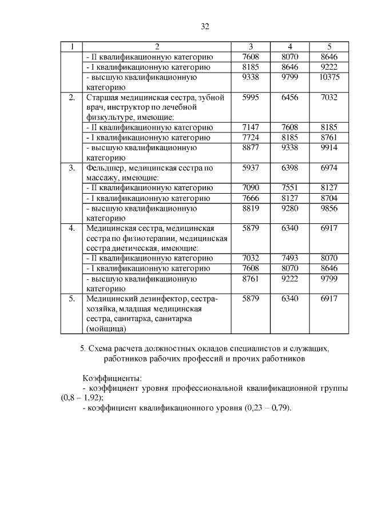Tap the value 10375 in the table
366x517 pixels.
pyautogui.click(x=329, y=77)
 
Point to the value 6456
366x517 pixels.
pyautogui.click(x=290, y=98)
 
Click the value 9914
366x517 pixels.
pyautogui.click(x=329, y=148)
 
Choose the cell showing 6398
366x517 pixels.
pyautogui.click(x=290, y=168)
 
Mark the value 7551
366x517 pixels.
pyautogui.click(x=290, y=188)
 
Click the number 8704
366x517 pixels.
pyautogui.click(x=329, y=198)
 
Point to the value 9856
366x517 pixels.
pyautogui.click(x=329, y=209)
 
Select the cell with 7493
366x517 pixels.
pyautogui.click(x=290, y=258)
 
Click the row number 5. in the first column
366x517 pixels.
pyautogui.click(x=72, y=299)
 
